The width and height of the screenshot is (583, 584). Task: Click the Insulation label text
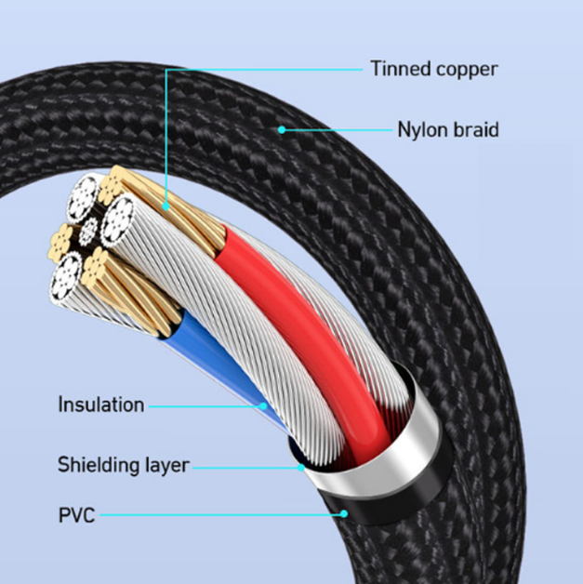pos(101,405)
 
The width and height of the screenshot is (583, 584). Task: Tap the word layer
pos(165,465)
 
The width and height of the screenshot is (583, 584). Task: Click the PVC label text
pos(76,513)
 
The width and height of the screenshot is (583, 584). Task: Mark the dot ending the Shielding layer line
pos(302,466)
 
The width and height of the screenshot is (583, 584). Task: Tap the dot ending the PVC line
pos(344,512)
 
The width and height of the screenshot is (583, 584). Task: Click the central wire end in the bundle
pos(90,230)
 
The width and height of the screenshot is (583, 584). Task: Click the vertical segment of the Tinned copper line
pos(166,139)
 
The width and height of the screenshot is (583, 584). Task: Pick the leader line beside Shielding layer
pos(246,466)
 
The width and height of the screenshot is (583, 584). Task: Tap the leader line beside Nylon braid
pos(335,129)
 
